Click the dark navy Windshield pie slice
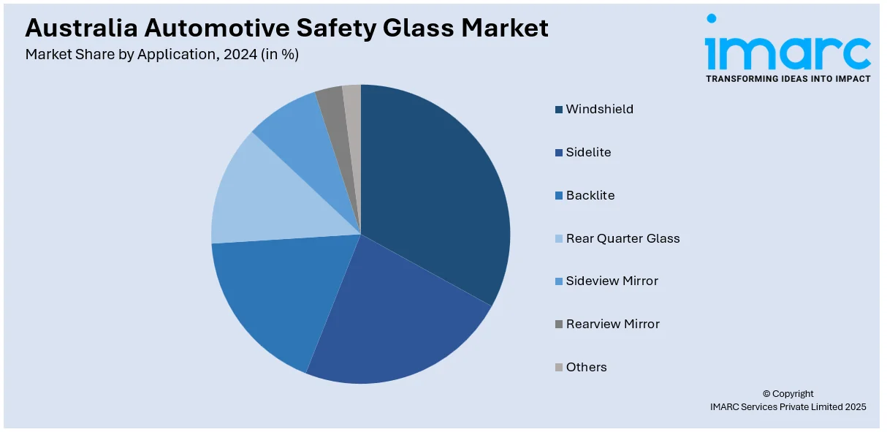coord(435,190)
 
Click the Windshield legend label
coord(599,109)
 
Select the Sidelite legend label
coord(588,152)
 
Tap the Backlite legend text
coord(590,195)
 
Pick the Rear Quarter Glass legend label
coord(623,238)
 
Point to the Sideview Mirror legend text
coord(612,281)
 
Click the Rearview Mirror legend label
coord(612,324)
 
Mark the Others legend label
coord(586,367)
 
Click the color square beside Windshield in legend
coord(559,110)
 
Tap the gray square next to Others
coord(559,368)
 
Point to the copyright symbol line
coord(787,393)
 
